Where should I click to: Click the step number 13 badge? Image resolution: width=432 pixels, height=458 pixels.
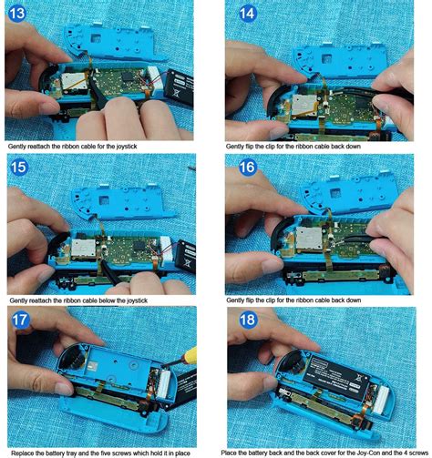pyautogui.click(x=15, y=15)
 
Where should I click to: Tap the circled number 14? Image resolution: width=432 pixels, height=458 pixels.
pyautogui.click(x=247, y=13)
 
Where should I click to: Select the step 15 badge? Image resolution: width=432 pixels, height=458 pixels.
pyautogui.click(x=16, y=168)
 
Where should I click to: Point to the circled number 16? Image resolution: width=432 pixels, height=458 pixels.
pyautogui.click(x=247, y=168)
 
